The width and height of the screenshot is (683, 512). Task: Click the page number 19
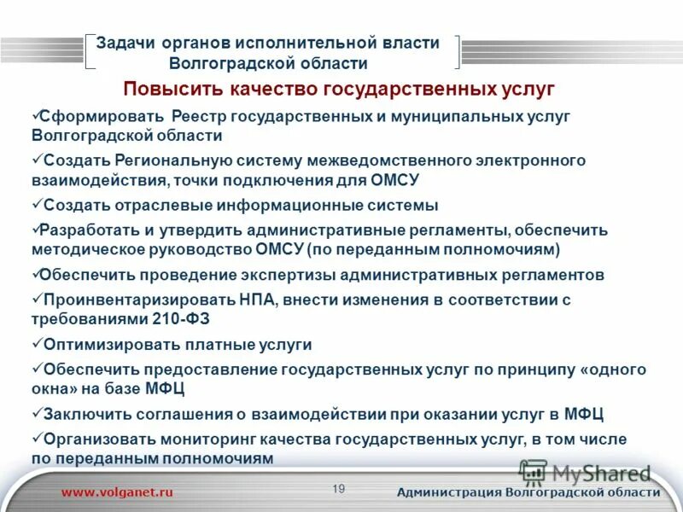click(x=339, y=488)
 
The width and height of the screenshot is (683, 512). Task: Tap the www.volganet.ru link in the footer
click(x=117, y=492)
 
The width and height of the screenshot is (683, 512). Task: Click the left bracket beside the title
click(x=90, y=51)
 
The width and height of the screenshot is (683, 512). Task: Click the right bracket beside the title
click(x=457, y=51)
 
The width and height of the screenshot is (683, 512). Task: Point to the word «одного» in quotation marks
click(x=616, y=369)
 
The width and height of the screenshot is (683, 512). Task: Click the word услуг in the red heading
click(x=528, y=89)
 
